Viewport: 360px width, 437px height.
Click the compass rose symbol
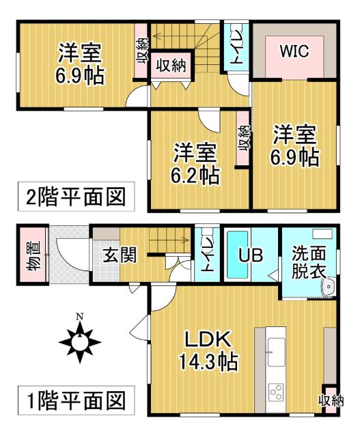pos(80,339)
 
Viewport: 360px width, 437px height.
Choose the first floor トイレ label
pos(205,255)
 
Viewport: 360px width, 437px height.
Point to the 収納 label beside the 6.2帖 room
pos(243,143)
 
